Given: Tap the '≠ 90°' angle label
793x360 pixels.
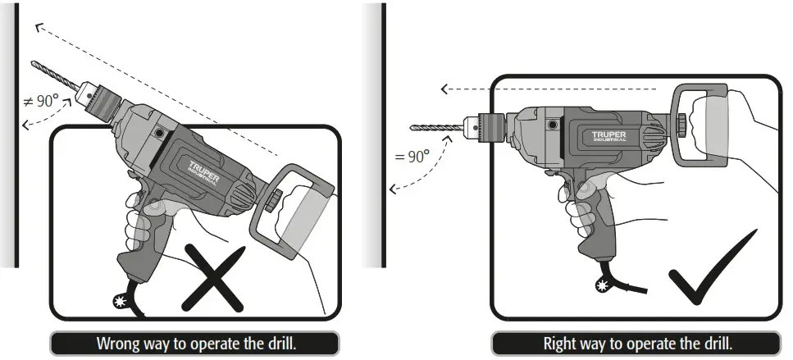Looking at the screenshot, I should [x=40, y=102].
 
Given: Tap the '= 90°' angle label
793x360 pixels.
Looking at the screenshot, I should [x=412, y=156].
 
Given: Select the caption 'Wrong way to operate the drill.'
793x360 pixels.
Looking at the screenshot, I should [x=196, y=343].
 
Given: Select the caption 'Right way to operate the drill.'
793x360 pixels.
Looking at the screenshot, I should [x=637, y=343].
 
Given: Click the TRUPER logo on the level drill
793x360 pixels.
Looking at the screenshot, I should [x=609, y=134].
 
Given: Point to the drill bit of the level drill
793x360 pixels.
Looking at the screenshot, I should [x=435, y=127].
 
